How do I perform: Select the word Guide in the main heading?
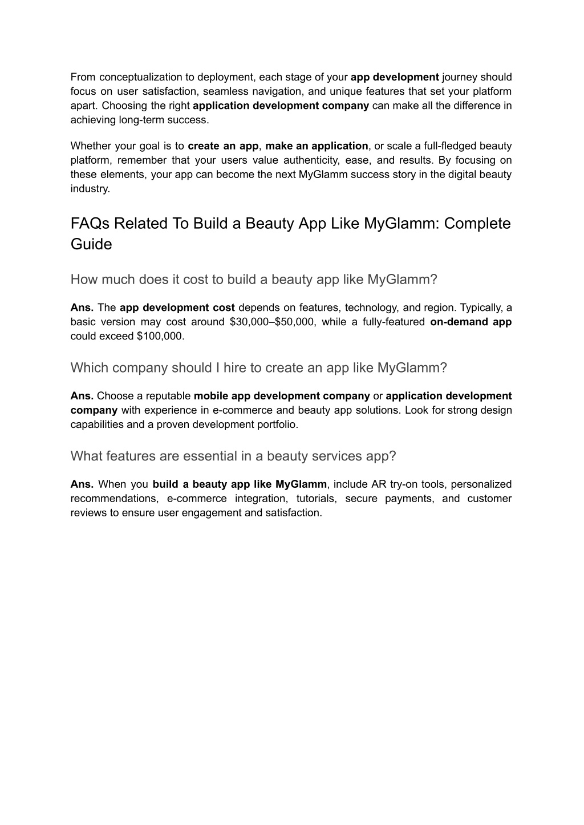pyautogui.click(x=91, y=244)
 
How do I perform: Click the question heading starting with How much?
pyautogui.click(x=254, y=280)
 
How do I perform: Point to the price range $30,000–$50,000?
pyautogui.click(x=272, y=322)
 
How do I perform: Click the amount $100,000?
pyautogui.click(x=160, y=336)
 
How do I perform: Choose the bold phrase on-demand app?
pyautogui.click(x=471, y=322)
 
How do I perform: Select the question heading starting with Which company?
pyautogui.click(x=258, y=368)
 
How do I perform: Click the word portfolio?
pyautogui.click(x=279, y=424)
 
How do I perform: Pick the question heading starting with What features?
pyautogui.click(x=233, y=456)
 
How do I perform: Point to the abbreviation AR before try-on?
pyautogui.click(x=379, y=484)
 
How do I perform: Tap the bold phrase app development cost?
pyautogui.click(x=177, y=308)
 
